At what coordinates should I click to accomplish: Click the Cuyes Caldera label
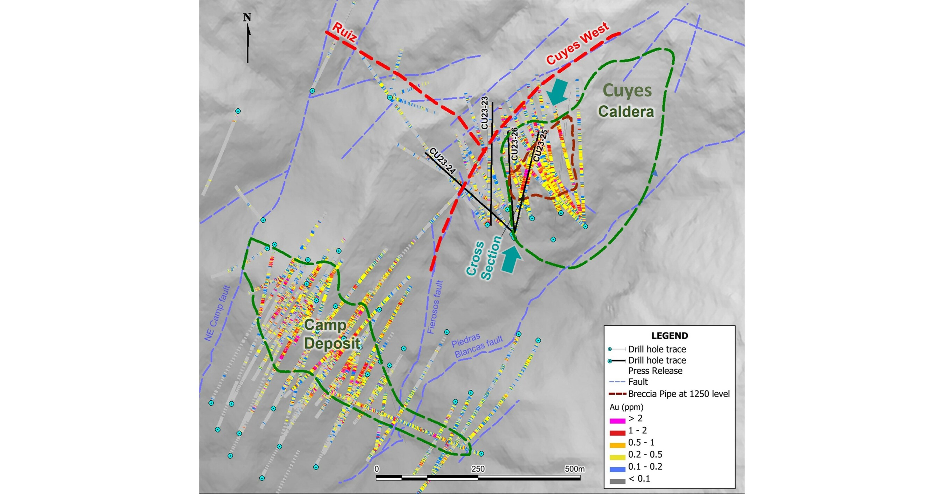(x=626, y=101)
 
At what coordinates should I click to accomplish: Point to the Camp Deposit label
(x=332, y=334)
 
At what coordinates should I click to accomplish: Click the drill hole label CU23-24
(x=442, y=161)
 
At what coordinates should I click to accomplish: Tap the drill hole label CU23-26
(x=514, y=144)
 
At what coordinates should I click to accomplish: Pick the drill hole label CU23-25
(x=540, y=145)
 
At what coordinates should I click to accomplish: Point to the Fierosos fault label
(x=436, y=307)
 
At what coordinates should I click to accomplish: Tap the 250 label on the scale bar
(x=478, y=469)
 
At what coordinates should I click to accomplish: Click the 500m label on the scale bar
(x=574, y=469)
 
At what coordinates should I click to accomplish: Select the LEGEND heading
(x=669, y=335)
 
